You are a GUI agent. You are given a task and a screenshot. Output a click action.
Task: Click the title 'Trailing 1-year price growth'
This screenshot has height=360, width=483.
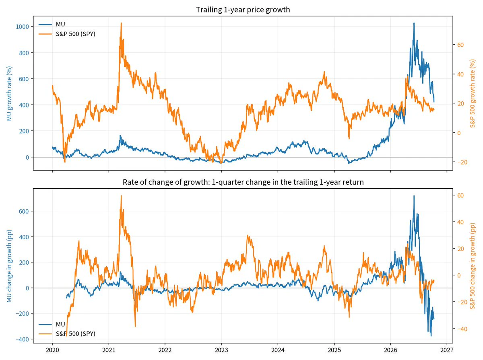click(243, 10)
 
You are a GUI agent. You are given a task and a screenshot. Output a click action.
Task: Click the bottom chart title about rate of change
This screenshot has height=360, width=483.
click(243, 182)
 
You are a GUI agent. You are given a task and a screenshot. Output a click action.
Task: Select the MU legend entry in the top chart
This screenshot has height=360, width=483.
click(52, 24)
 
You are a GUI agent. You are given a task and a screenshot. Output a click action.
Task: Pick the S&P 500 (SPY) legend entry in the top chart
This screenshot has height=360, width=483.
click(67, 34)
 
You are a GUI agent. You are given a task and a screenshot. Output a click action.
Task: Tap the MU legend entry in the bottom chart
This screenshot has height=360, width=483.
click(52, 324)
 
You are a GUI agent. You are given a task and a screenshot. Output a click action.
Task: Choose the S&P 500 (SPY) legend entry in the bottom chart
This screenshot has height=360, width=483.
click(67, 334)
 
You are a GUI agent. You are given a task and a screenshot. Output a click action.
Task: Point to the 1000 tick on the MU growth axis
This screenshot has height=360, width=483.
click(23, 27)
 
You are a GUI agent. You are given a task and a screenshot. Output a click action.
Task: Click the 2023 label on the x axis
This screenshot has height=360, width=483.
click(221, 350)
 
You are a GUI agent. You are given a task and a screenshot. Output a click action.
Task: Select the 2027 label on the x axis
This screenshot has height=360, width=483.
click(447, 350)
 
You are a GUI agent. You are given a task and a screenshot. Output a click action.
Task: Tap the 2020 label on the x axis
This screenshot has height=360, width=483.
click(52, 350)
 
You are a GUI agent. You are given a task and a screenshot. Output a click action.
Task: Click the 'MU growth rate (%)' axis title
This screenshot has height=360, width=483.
click(9, 93)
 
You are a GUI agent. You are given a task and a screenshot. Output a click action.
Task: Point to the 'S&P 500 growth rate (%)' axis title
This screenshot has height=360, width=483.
click(473, 93)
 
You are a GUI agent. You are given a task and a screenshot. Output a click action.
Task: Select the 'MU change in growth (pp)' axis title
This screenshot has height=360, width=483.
click(9, 266)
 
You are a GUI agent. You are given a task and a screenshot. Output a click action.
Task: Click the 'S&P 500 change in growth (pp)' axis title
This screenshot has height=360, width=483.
click(473, 266)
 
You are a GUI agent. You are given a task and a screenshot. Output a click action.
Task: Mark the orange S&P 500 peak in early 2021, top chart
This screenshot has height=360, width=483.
click(121, 23)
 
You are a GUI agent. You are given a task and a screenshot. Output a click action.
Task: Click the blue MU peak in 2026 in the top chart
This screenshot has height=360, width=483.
click(414, 23)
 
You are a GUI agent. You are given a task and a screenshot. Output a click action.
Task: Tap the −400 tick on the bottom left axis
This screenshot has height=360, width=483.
click(23, 339)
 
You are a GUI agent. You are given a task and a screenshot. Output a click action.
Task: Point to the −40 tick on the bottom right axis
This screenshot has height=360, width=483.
click(462, 329)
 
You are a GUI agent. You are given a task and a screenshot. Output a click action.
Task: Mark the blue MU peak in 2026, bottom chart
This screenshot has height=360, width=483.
click(414, 195)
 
